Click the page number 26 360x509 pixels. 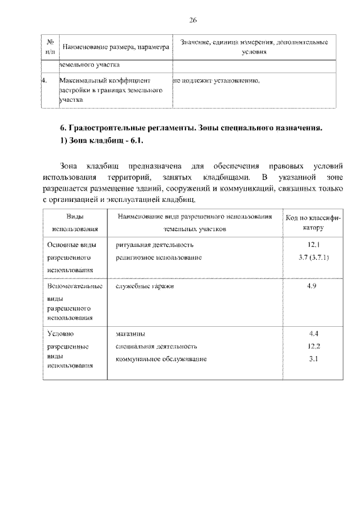coord(192,21)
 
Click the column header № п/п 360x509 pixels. coord(49,47)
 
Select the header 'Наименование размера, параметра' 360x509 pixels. coord(115,47)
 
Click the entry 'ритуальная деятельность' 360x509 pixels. coord(155,245)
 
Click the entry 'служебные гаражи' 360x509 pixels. coord(145,286)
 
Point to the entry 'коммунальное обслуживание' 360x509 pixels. coord(161,358)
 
